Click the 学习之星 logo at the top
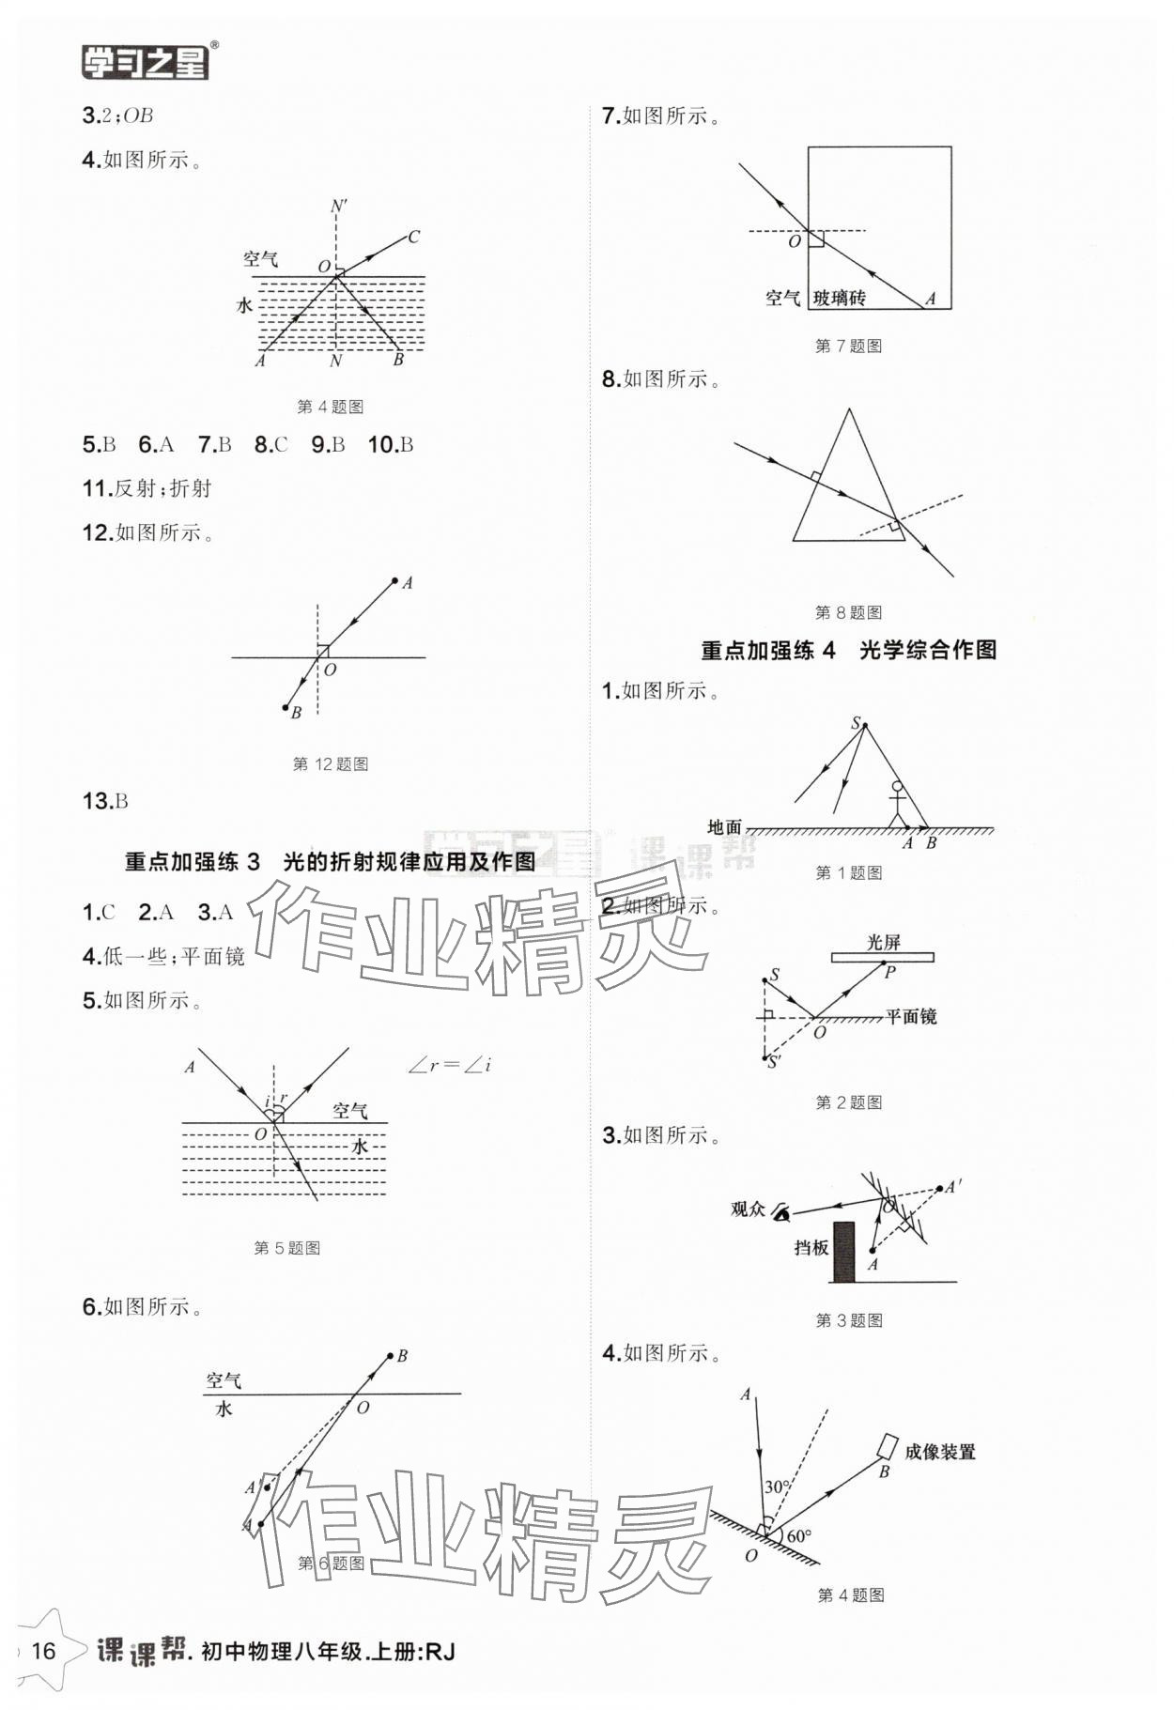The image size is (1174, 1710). [x=146, y=61]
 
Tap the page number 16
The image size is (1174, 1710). [x=44, y=1650]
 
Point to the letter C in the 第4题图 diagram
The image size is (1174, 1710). [x=413, y=237]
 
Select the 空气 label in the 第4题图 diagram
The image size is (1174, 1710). [x=260, y=259]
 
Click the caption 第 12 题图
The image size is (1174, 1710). [x=331, y=764]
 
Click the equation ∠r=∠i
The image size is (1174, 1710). [x=450, y=1066]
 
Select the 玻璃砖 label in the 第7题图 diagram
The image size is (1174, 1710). [x=839, y=299]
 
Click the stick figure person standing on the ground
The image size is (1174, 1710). [x=898, y=804]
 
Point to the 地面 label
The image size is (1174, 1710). [x=724, y=827]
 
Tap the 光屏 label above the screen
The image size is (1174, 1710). [x=883, y=942]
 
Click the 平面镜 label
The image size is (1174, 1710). [x=911, y=1016]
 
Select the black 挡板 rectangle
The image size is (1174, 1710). [x=844, y=1252]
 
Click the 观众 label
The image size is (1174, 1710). [x=749, y=1209]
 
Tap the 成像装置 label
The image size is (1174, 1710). [x=939, y=1452]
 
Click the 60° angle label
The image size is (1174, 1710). [x=799, y=1536]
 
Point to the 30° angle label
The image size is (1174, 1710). [x=776, y=1487]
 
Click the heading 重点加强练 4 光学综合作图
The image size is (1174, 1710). [x=848, y=650]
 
